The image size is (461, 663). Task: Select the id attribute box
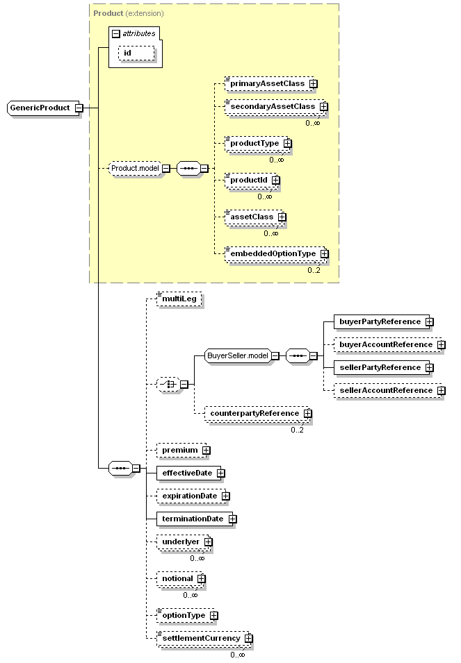tap(136, 53)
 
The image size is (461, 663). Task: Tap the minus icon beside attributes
tap(115, 34)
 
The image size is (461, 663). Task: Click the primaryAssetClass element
tap(267, 84)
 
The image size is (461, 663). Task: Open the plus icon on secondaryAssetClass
tap(324, 106)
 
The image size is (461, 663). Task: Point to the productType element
tap(254, 143)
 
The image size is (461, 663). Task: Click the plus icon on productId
tap(276, 180)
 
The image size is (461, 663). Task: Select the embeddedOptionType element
tap(273, 253)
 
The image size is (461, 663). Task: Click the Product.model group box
tap(135, 168)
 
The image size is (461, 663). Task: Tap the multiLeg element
tap(179, 299)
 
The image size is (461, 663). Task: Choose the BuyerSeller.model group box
tap(238, 356)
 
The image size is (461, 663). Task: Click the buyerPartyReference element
tap(380, 321)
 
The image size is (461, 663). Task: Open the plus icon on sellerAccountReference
tap(442, 391)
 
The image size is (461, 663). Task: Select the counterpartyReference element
tap(254, 414)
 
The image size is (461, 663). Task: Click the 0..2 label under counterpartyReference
tap(297, 430)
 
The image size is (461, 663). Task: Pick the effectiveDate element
tap(187, 473)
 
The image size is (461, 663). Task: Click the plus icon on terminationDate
tap(233, 519)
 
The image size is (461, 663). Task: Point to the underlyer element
tap(181, 542)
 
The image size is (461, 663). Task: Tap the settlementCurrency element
tap(201, 639)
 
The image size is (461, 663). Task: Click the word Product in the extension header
tap(108, 13)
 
